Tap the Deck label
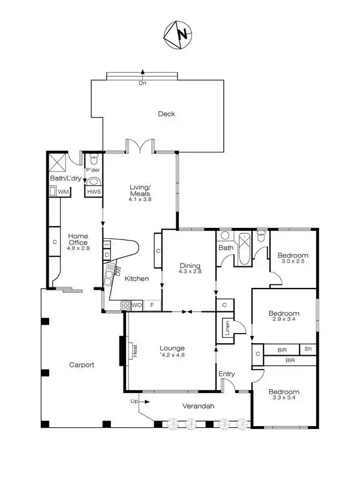166,113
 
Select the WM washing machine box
62,191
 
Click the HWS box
94,192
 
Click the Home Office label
78,239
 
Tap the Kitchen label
136,278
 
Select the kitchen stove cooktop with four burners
125,305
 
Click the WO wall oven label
137,305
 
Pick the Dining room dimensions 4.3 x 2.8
190,272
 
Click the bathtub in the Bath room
243,248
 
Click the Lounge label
172,348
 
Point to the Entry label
226,374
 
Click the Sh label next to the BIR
308,349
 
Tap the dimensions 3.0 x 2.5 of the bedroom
292,261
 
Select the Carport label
82,364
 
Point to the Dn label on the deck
142,83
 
